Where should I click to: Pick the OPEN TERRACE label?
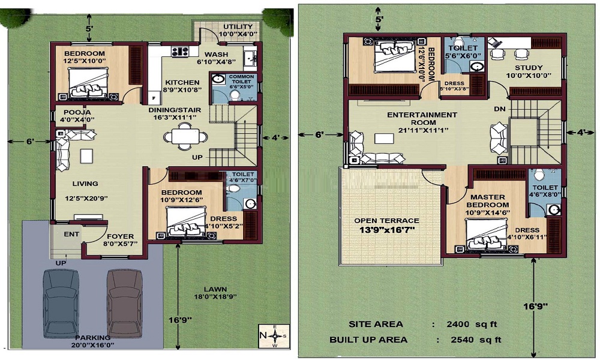pyautogui.click(x=386, y=225)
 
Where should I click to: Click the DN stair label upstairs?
pyautogui.click(x=499, y=109)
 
